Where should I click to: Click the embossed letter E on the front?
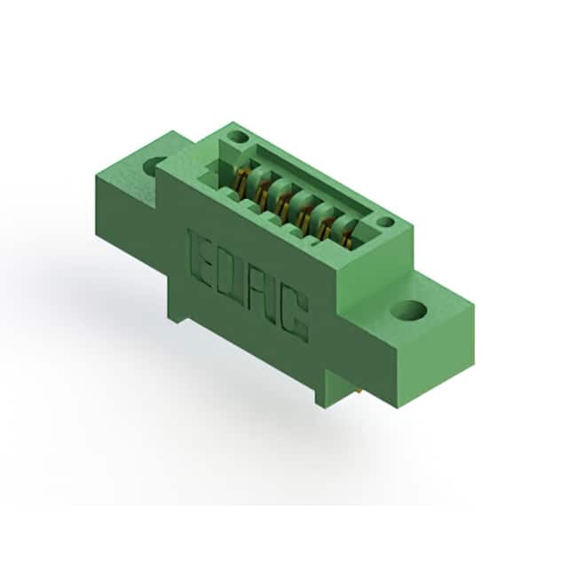point(199,255)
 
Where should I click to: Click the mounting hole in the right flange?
point(408,312)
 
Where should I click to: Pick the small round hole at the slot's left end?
point(238,138)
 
